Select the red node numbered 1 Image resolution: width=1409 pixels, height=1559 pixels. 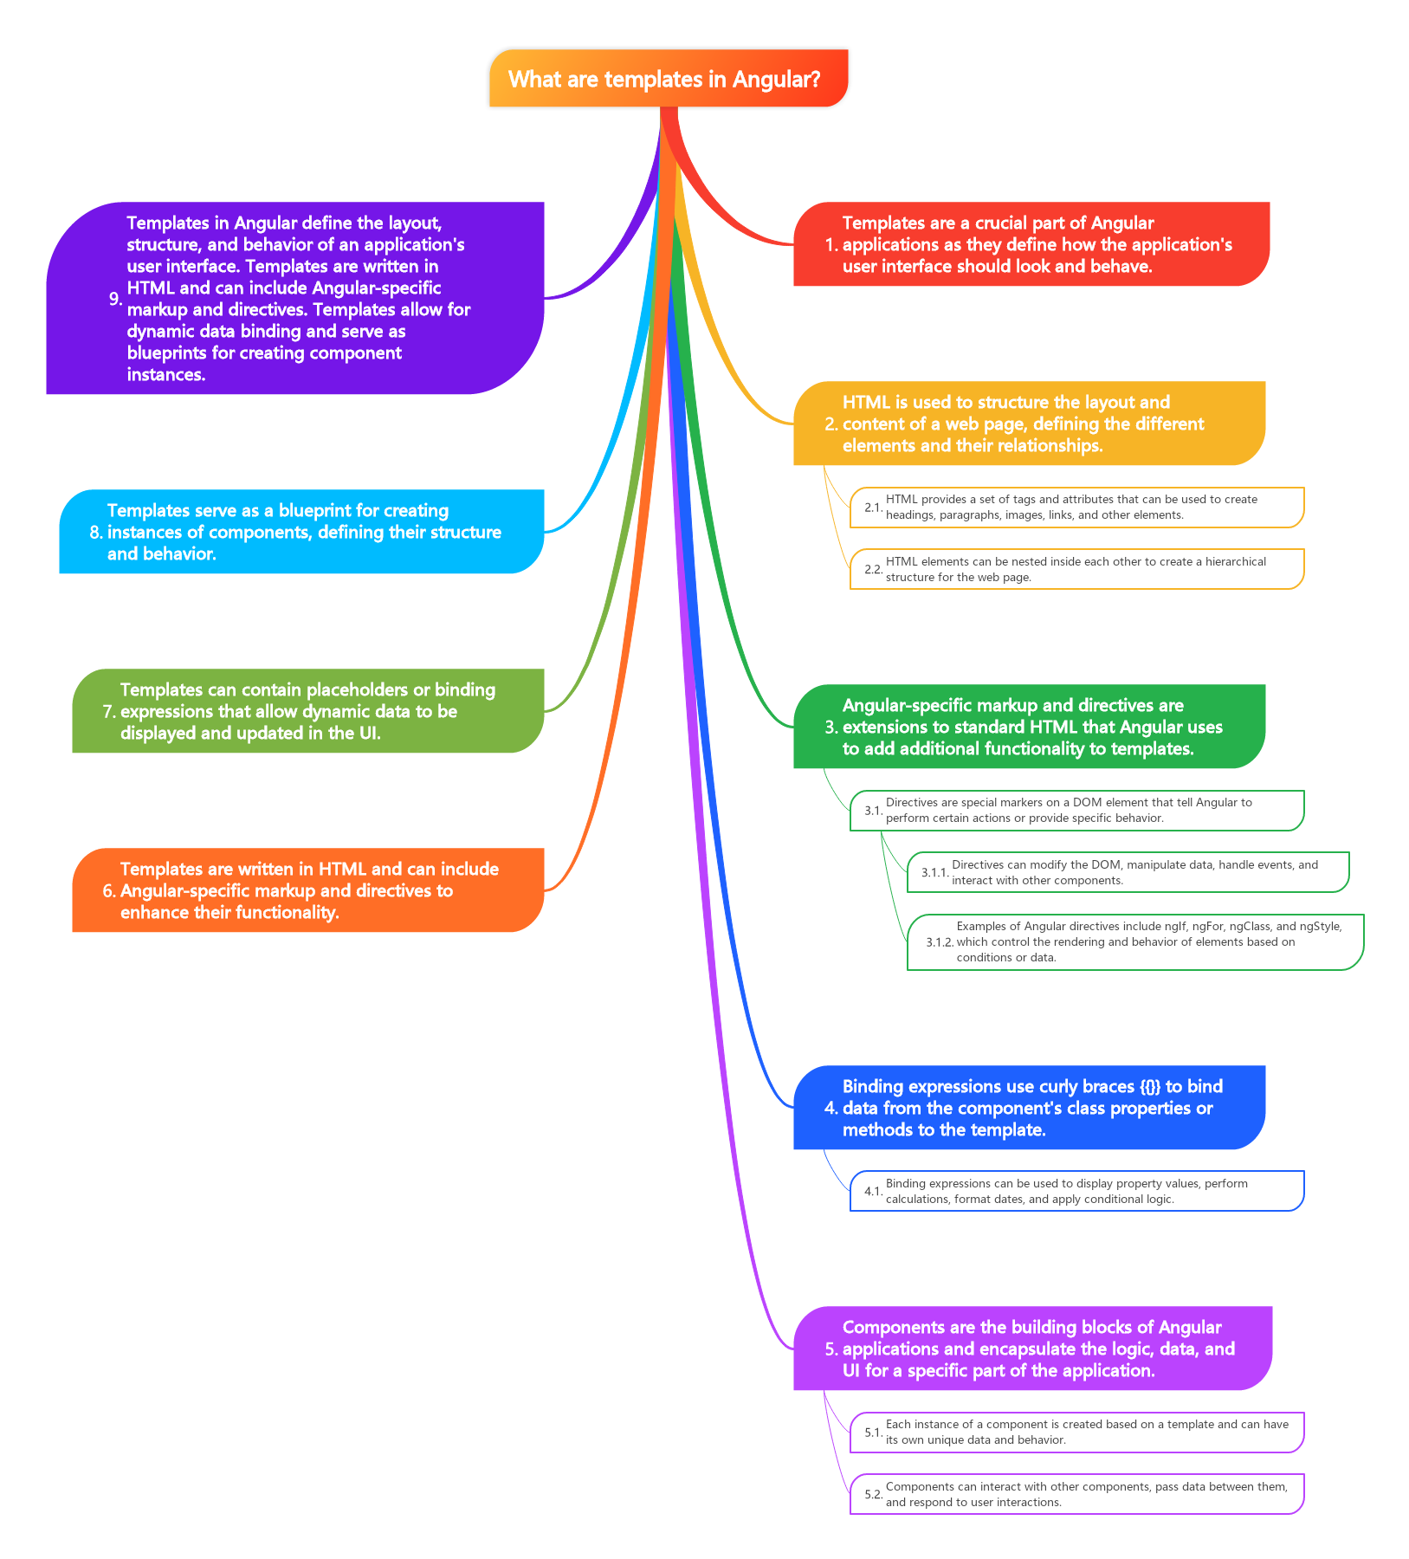click(1031, 244)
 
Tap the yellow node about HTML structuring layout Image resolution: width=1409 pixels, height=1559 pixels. click(1029, 424)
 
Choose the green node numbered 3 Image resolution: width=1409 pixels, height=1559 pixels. click(1029, 727)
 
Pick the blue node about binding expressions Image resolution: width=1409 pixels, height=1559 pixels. click(1029, 1108)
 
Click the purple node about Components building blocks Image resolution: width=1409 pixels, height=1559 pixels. click(1032, 1349)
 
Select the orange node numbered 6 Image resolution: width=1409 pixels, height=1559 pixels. click(307, 890)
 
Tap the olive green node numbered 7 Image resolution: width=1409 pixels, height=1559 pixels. click(307, 711)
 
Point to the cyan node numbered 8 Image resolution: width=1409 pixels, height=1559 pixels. click(301, 532)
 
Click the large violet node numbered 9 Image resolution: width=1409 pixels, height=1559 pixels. click(294, 299)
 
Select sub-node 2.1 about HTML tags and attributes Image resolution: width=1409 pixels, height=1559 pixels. click(1076, 508)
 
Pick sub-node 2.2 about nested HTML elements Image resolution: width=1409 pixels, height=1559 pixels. click(1076, 569)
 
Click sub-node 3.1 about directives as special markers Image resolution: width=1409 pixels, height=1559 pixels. click(1076, 811)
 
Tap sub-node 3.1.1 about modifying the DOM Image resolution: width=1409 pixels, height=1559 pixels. click(1128, 872)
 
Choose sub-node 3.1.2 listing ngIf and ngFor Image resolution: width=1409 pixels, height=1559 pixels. click(1134, 942)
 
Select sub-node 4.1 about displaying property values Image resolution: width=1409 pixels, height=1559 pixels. click(1076, 1191)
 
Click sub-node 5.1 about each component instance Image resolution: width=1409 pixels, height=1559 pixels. click(1076, 1432)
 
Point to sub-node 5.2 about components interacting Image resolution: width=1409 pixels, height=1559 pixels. click(1076, 1494)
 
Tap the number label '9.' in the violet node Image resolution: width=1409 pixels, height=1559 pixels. click(115, 299)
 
